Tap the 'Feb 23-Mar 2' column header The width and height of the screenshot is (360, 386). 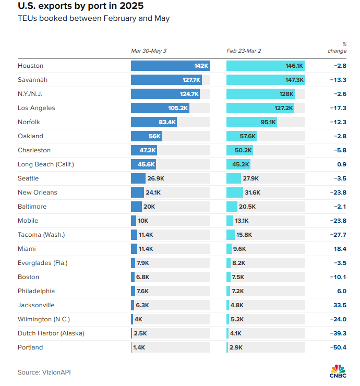pos(244,51)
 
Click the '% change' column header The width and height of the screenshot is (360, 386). pos(337,47)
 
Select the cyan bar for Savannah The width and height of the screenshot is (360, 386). pos(266,80)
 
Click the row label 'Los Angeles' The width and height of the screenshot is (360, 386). pos(36,108)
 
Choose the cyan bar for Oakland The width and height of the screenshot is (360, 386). pos(242,136)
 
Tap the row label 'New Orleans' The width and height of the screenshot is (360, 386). pos(38,192)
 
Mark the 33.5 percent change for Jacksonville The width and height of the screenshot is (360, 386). pos(340,305)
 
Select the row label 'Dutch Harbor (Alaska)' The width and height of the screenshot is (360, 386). pos(51,333)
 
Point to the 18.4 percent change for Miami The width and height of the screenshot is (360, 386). pos(340,249)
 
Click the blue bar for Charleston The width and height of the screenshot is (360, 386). pos(143,150)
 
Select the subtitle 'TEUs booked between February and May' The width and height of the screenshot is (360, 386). pos(93,19)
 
